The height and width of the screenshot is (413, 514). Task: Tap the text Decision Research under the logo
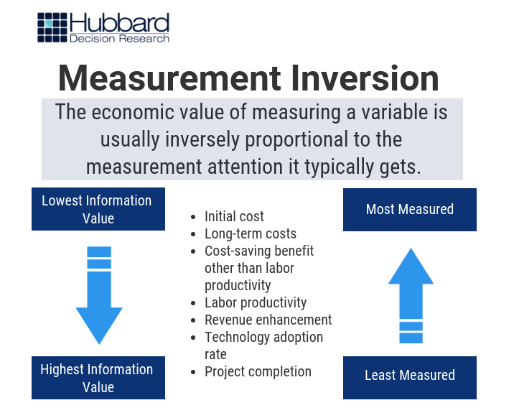119,38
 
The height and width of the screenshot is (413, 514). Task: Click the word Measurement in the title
162,78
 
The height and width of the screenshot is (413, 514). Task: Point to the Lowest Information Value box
98,209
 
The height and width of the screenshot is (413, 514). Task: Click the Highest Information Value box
98,378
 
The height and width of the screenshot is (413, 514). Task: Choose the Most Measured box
409,210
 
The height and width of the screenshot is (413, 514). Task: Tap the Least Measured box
409,375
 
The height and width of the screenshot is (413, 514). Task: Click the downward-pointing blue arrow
99,294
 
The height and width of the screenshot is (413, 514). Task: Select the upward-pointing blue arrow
411,294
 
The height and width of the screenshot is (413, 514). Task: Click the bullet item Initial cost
234,216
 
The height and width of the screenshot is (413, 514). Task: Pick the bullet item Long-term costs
251,233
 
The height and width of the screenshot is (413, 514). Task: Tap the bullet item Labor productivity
256,302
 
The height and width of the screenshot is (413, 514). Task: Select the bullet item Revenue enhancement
268,320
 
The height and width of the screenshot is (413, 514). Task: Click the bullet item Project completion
258,371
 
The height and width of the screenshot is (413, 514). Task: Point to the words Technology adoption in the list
263,337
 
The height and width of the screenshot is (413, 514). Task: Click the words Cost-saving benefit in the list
259,251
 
